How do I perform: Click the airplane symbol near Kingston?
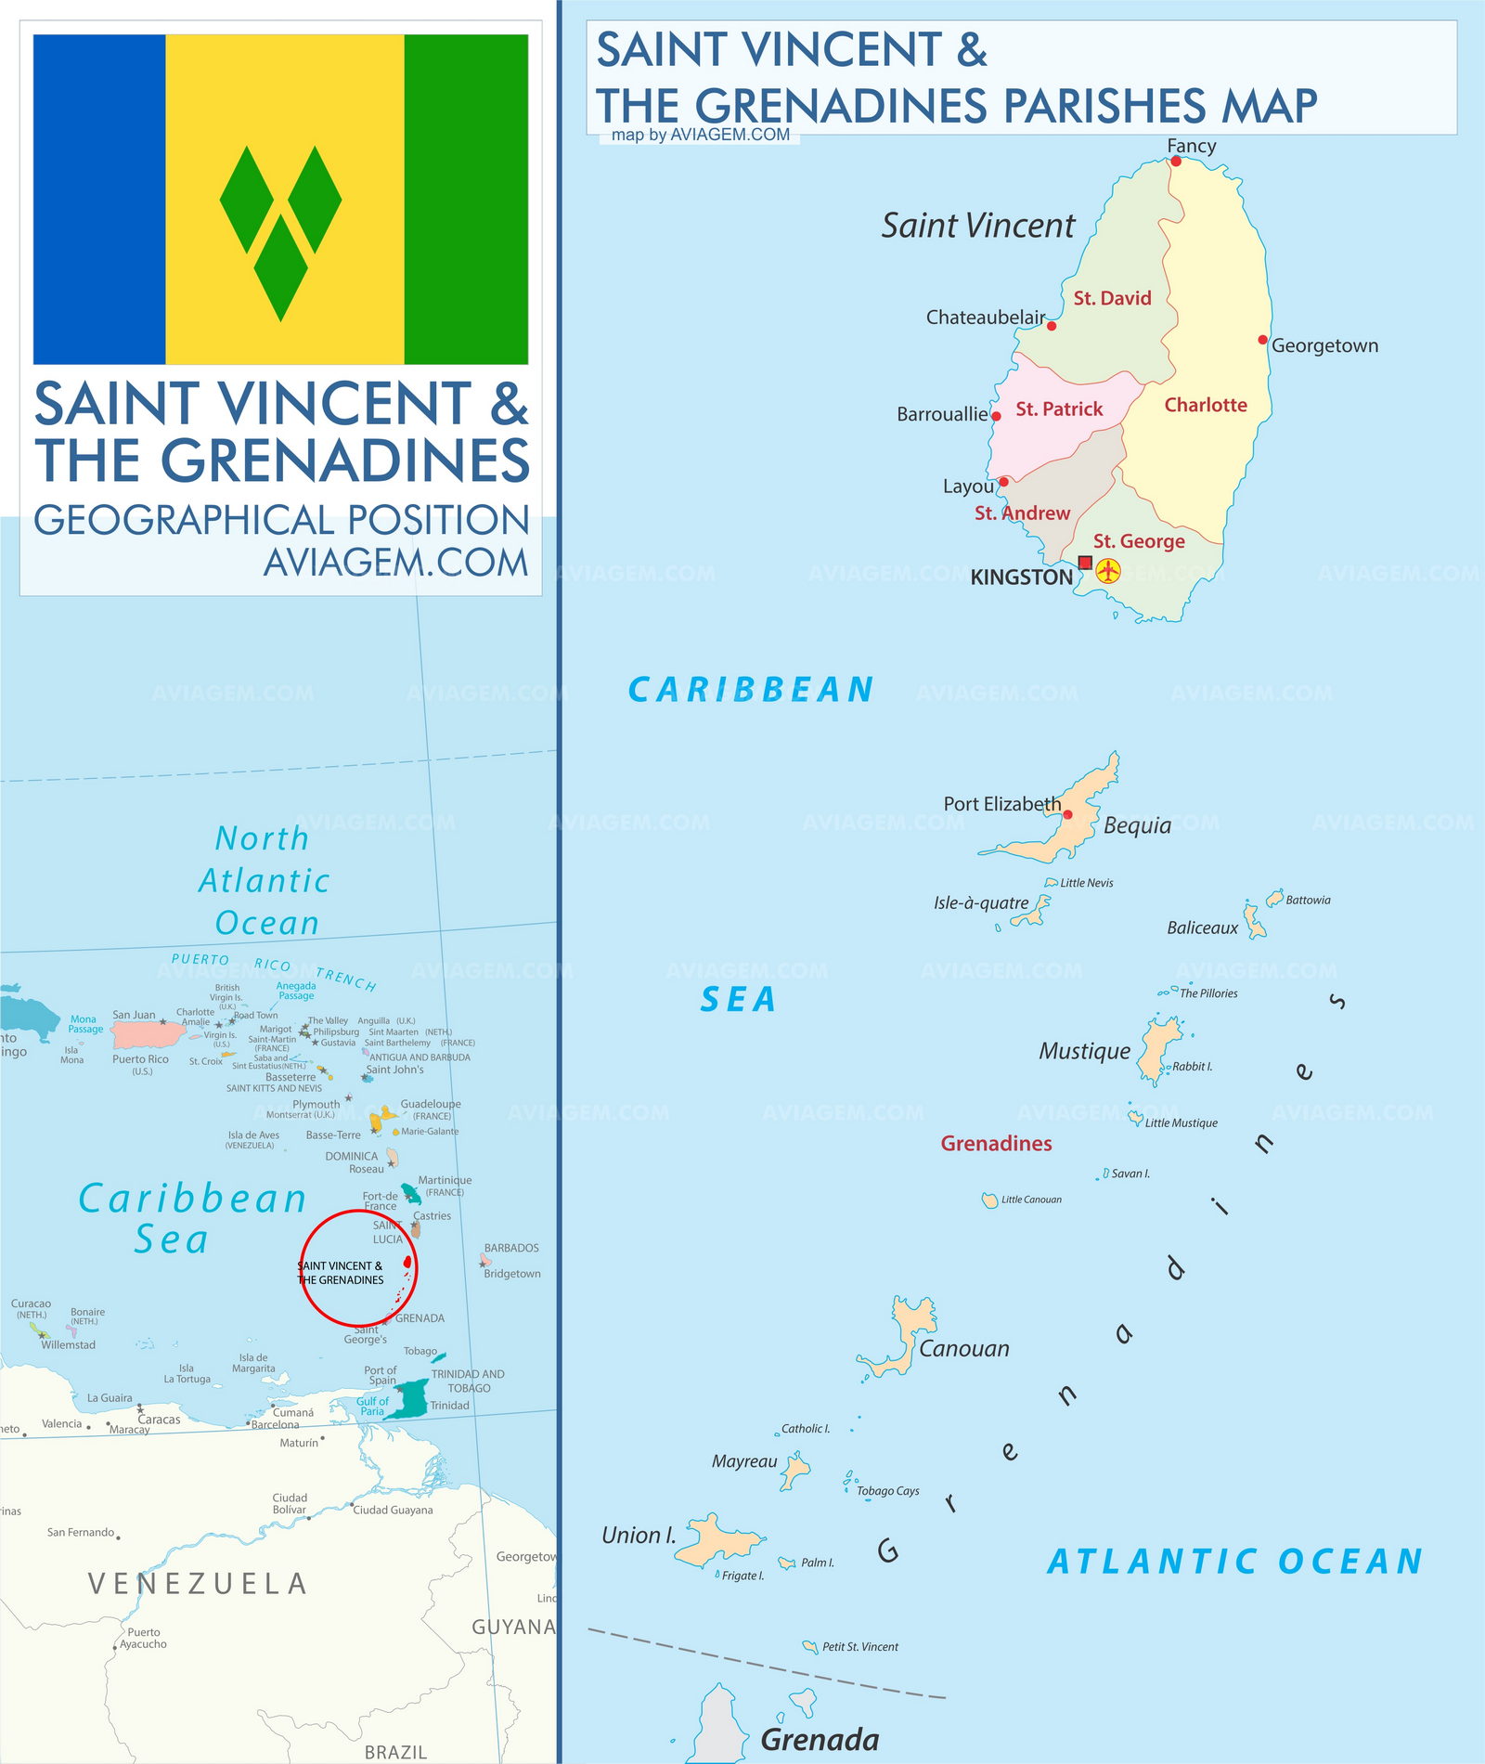(x=1108, y=571)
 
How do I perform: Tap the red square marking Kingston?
(x=1085, y=563)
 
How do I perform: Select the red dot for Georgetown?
(x=1262, y=340)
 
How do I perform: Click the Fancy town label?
(x=1191, y=146)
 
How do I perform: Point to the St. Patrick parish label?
(x=1059, y=409)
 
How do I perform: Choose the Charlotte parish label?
(x=1205, y=405)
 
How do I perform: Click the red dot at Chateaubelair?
(x=1052, y=326)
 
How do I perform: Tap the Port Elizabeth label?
(x=1001, y=804)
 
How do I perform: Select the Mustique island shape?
(x=1157, y=1048)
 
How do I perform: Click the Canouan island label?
(x=963, y=1349)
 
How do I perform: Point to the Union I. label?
(x=639, y=1536)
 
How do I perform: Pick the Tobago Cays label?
(x=887, y=1491)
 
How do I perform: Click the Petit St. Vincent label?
(x=859, y=1647)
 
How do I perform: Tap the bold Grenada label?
(x=820, y=1739)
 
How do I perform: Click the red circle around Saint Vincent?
(x=358, y=1212)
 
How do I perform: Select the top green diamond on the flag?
(x=247, y=200)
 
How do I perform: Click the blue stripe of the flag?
(x=99, y=200)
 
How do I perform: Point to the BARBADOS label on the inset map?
(x=511, y=1249)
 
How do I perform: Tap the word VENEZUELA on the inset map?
(x=197, y=1584)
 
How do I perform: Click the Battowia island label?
(x=1308, y=901)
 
